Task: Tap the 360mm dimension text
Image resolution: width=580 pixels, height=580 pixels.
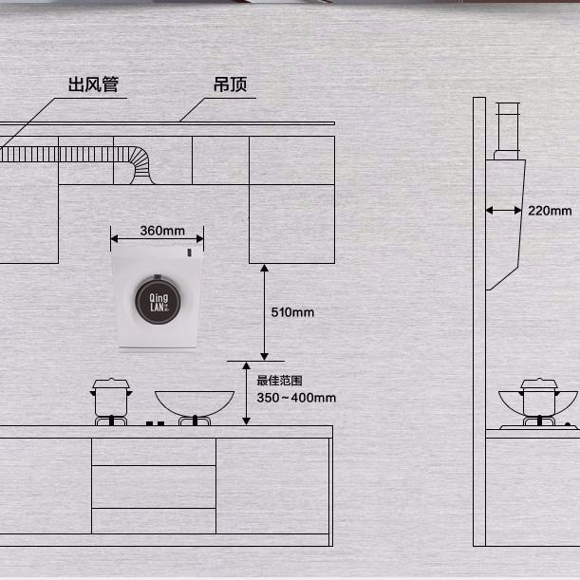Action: pyautogui.click(x=161, y=231)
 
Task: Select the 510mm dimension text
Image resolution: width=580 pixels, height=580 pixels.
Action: pyautogui.click(x=292, y=311)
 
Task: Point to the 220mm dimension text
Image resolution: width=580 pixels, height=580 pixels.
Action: pyautogui.click(x=550, y=211)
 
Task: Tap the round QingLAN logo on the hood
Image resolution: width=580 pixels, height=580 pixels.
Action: pyautogui.click(x=158, y=299)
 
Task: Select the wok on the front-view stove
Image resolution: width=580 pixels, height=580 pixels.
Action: pyautogui.click(x=194, y=403)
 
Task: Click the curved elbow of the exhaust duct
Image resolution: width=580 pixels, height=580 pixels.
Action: pyautogui.click(x=139, y=161)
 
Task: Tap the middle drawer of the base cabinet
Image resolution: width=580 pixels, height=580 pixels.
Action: pyautogui.click(x=154, y=486)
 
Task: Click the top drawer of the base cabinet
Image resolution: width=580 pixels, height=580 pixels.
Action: pyautogui.click(x=154, y=451)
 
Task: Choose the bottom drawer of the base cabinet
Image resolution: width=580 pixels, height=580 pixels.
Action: pyautogui.click(x=154, y=520)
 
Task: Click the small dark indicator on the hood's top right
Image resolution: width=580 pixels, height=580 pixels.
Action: pyautogui.click(x=189, y=254)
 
